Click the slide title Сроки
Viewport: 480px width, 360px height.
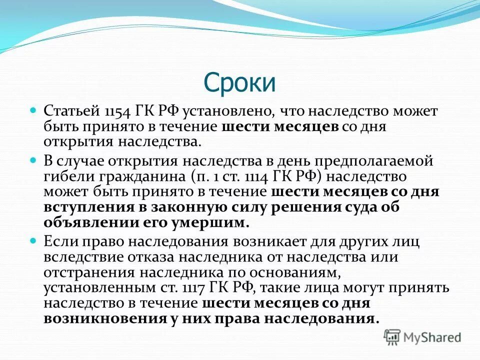(239, 83)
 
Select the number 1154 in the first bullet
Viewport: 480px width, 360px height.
(118, 110)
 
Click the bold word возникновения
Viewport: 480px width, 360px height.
(105, 319)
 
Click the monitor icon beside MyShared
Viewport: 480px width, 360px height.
(393, 337)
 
